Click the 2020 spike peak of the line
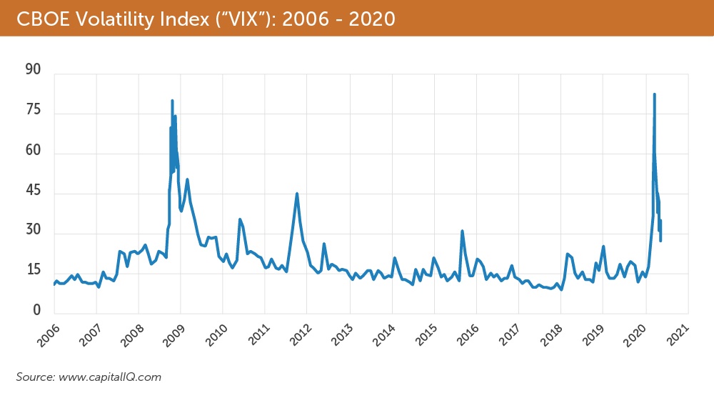click(654, 94)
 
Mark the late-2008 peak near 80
click(172, 101)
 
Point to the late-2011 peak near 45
click(297, 194)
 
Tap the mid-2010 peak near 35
click(240, 219)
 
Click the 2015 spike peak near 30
click(462, 231)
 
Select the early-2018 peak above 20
click(567, 254)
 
